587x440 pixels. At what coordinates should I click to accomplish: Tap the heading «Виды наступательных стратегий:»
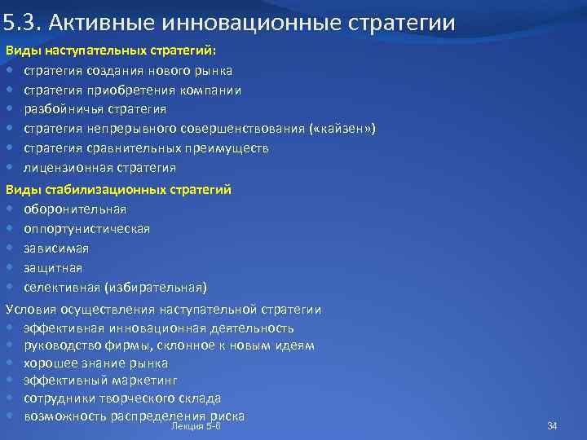pyautogui.click(x=106, y=51)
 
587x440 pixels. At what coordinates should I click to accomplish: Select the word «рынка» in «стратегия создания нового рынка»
pyautogui.click(x=214, y=70)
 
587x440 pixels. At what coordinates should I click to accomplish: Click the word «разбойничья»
pyautogui.click(x=60, y=109)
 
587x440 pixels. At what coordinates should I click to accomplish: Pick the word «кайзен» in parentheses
pyautogui.click(x=341, y=129)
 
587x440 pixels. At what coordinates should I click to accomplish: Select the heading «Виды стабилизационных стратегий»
pyautogui.click(x=118, y=189)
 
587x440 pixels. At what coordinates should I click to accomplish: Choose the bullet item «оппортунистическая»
pyautogui.click(x=86, y=228)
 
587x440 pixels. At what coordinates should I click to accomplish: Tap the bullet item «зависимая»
pyautogui.click(x=56, y=248)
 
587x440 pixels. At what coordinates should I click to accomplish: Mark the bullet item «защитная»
pyautogui.click(x=53, y=267)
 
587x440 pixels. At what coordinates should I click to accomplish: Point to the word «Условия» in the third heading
pyautogui.click(x=31, y=310)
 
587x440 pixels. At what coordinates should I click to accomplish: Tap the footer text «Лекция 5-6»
pyautogui.click(x=196, y=425)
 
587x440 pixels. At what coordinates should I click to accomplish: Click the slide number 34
pyautogui.click(x=552, y=425)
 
